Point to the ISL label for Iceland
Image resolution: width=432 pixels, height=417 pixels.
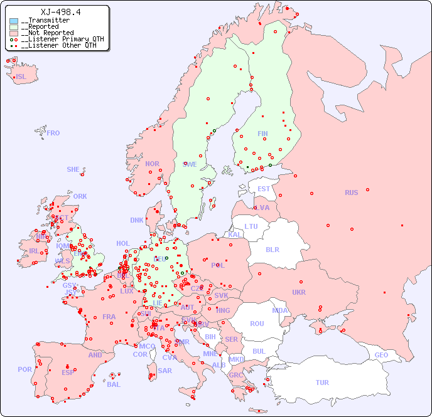[21, 77]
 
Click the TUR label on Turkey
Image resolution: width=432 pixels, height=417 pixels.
[322, 383]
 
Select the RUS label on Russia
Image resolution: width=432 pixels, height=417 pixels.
[351, 193]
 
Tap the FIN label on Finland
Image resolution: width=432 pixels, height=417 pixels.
[262, 134]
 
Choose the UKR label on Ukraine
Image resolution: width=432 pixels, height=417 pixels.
[299, 292]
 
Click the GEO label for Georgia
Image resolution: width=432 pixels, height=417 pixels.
[381, 355]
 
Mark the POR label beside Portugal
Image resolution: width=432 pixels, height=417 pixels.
[24, 369]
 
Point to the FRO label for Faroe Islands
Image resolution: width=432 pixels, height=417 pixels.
[53, 133]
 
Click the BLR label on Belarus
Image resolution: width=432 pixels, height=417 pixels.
[273, 249]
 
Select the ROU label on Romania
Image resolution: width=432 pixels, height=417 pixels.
[257, 324]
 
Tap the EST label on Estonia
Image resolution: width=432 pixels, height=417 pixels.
[264, 189]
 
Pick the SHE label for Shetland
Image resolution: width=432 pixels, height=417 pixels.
[73, 169]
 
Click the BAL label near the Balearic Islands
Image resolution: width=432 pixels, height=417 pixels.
[114, 384]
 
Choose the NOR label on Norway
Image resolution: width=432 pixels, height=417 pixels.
[152, 164]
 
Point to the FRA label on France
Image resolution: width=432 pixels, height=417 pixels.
[109, 317]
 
